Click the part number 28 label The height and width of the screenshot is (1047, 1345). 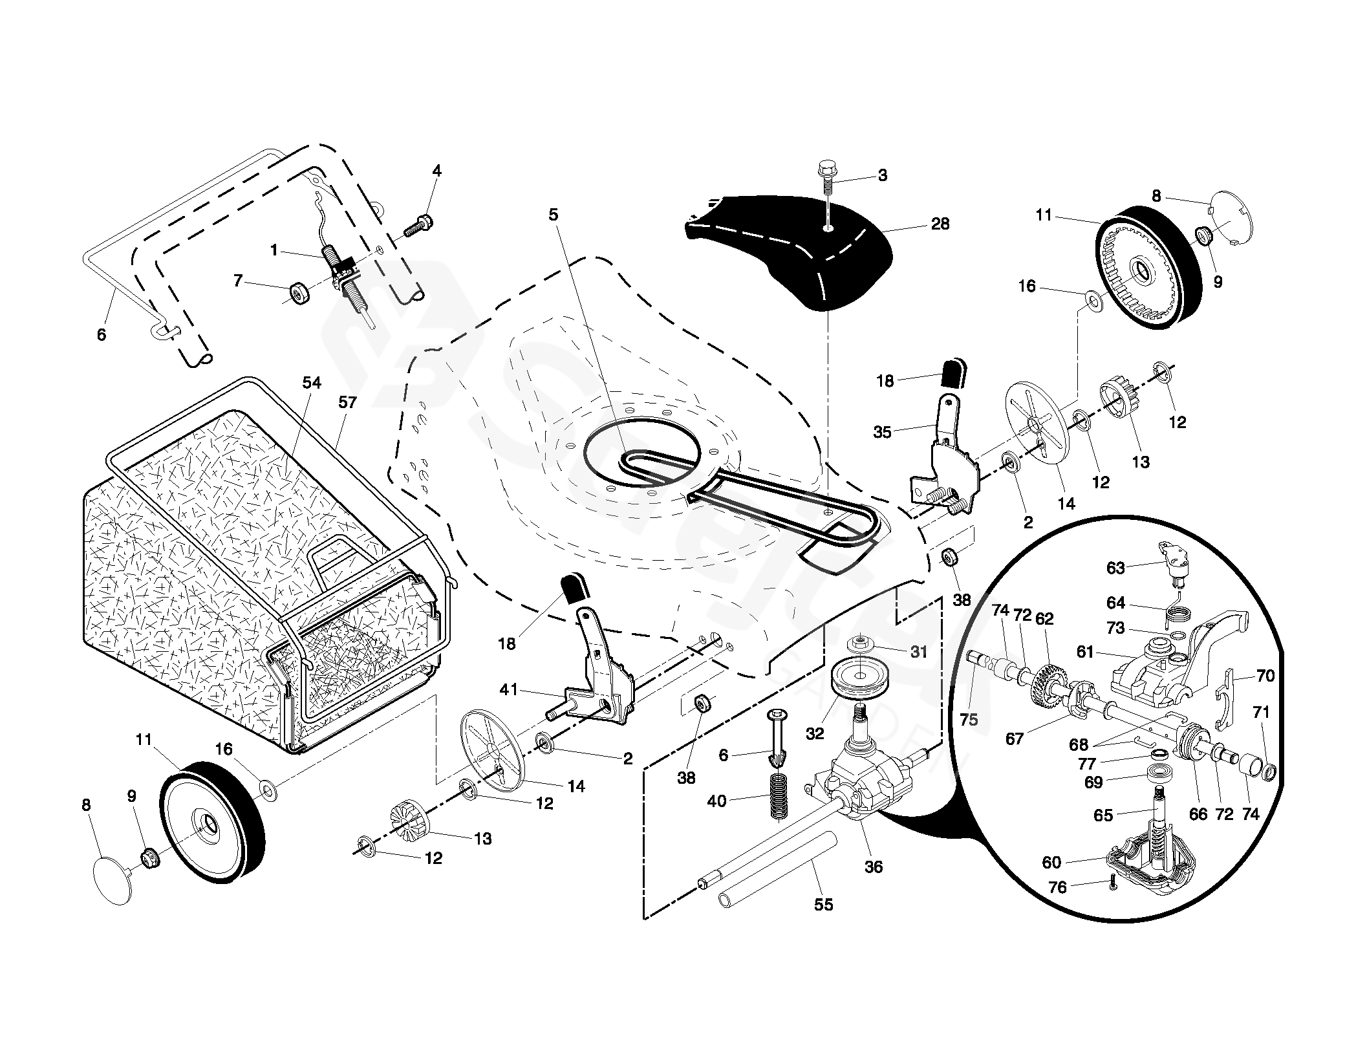(x=940, y=224)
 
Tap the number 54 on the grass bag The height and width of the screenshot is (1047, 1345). (x=312, y=383)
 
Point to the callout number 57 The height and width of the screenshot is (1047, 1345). (x=347, y=402)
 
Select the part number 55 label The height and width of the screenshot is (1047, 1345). (x=823, y=905)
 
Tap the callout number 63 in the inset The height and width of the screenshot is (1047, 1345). (x=1115, y=568)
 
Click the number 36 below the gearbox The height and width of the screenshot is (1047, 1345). (x=873, y=867)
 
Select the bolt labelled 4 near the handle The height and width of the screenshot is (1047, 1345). (x=420, y=224)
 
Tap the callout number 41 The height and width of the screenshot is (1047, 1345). (x=509, y=689)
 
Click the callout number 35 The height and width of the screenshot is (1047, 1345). (x=882, y=432)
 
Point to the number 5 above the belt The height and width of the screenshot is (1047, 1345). (x=553, y=215)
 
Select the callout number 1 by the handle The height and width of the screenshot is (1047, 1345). (x=274, y=250)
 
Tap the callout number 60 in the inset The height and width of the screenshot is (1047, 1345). (x=1051, y=862)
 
